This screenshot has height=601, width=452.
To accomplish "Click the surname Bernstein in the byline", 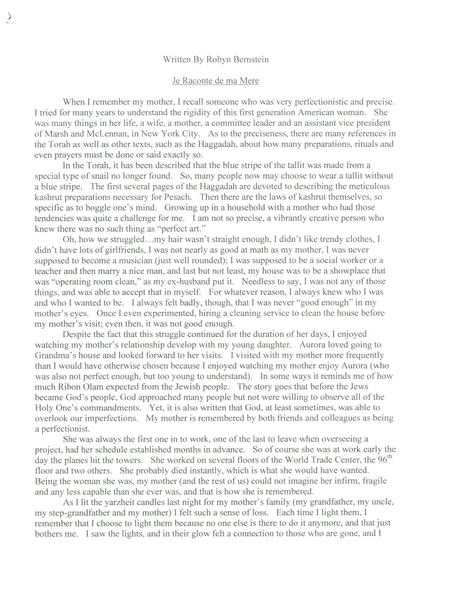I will click(251, 60).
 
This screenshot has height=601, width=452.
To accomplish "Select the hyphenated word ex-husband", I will click(179, 281).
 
